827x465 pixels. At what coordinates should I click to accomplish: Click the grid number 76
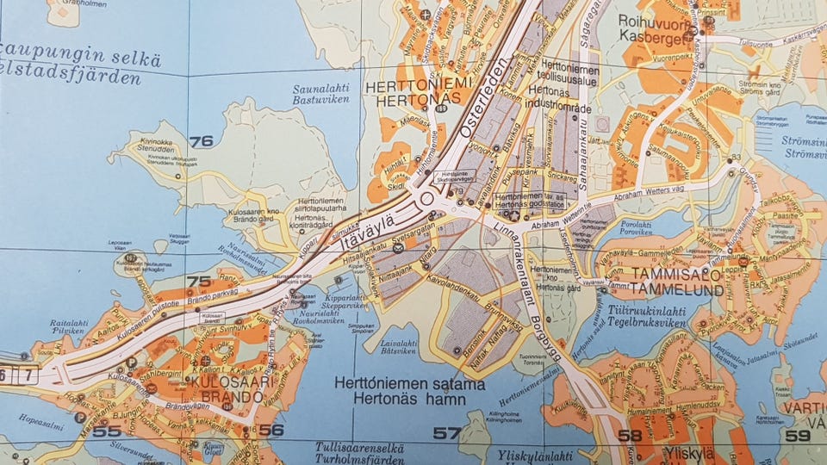[x=201, y=141]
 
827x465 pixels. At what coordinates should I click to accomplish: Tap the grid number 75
[x=199, y=281]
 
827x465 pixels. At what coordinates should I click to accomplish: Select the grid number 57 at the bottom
[x=447, y=432]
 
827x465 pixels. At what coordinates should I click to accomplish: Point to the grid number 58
[x=630, y=435]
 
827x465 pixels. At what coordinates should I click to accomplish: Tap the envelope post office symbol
[x=399, y=248]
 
